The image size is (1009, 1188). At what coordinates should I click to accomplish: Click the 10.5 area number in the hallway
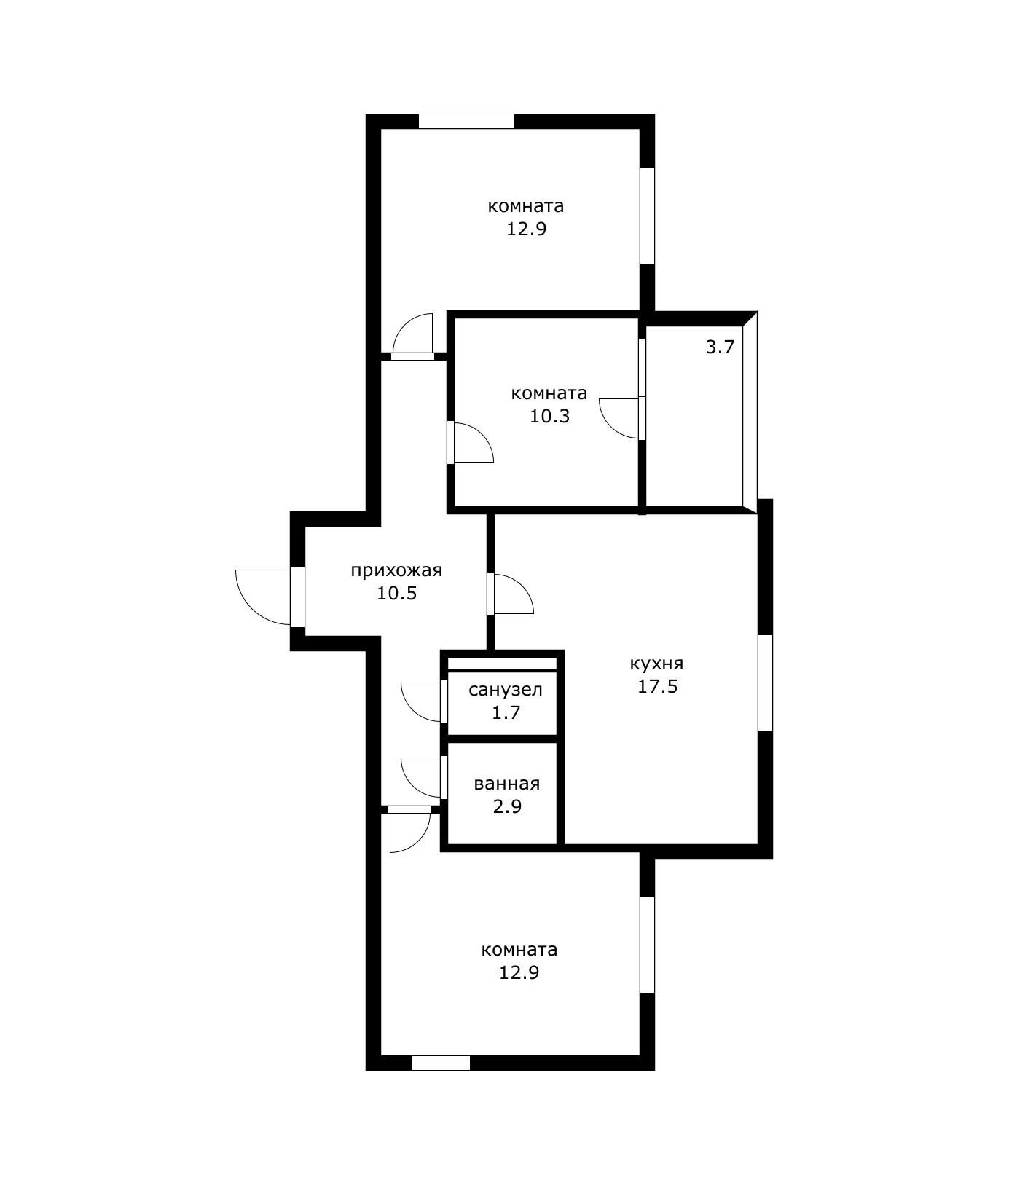click(x=396, y=593)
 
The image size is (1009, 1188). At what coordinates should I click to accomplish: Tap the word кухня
click(x=656, y=664)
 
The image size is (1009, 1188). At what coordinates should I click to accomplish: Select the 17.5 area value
click(x=658, y=686)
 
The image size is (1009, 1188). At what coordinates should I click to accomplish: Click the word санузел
click(x=506, y=690)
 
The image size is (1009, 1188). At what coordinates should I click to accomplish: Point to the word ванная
click(x=507, y=784)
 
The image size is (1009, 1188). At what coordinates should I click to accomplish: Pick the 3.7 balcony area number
click(x=720, y=347)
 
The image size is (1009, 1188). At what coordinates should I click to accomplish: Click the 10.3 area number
click(x=549, y=417)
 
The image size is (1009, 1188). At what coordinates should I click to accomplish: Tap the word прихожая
click(x=396, y=570)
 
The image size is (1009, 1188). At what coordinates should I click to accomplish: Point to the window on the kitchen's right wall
click(x=765, y=682)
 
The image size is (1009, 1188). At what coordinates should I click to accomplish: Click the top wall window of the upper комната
click(x=467, y=121)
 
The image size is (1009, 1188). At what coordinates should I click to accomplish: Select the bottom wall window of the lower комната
click(x=441, y=1063)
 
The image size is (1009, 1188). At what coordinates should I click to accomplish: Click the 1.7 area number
click(x=506, y=712)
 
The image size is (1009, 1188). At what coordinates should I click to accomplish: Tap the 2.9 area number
click(x=507, y=807)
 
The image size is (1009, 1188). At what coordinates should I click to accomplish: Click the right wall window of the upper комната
click(x=647, y=216)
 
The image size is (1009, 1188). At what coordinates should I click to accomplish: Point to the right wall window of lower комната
click(x=647, y=945)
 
